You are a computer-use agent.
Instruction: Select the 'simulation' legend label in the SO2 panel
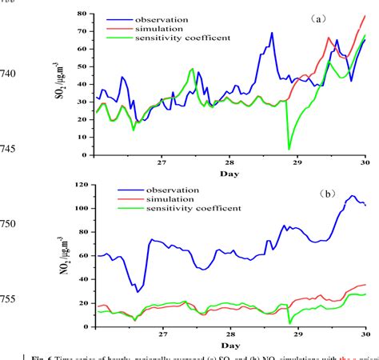coord(164,27)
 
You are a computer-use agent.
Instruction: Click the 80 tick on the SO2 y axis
coord(82,14)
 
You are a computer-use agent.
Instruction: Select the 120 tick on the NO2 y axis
coord(80,186)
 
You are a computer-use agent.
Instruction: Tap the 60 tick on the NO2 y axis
coord(82,254)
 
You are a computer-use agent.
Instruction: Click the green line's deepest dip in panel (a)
coord(289,148)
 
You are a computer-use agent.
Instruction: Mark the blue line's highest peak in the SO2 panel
coord(272,34)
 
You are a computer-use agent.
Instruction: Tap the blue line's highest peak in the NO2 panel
coord(352,195)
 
